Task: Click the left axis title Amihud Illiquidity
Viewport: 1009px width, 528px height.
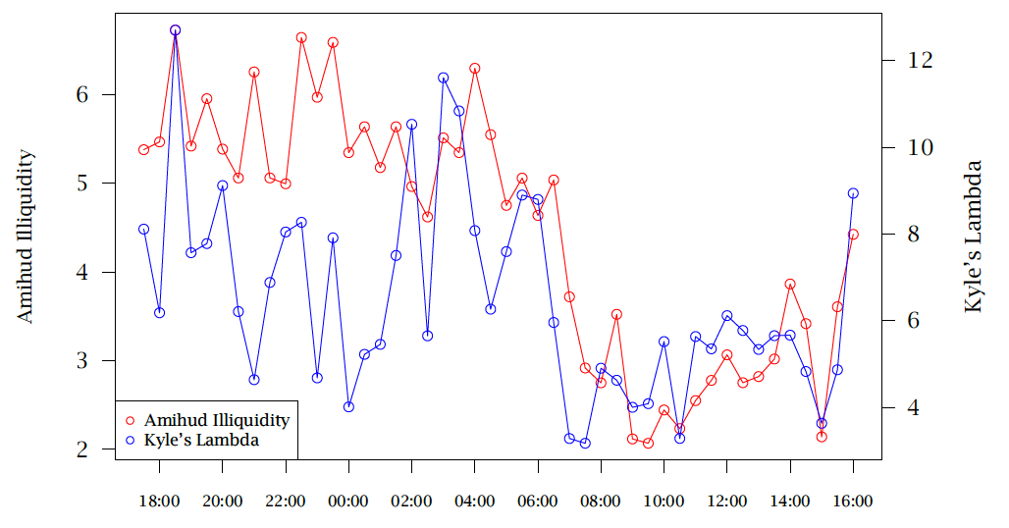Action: pos(26,236)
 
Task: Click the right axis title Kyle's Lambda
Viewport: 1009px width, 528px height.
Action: pos(973,237)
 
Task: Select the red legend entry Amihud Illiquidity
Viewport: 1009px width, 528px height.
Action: pos(216,420)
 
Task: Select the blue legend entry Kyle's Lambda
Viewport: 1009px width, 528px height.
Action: pos(201,441)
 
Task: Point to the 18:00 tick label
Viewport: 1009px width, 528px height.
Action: pos(159,501)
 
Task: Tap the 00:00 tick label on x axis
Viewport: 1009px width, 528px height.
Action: pos(348,501)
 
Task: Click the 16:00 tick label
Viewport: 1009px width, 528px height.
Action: pos(852,501)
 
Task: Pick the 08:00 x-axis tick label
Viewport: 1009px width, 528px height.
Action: pos(601,501)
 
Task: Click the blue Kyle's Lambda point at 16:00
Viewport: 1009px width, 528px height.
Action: pos(853,193)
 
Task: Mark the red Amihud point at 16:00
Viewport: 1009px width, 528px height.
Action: pos(853,235)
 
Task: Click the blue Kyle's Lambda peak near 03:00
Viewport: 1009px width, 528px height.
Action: pos(444,78)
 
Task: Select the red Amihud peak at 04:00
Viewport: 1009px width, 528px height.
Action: pos(475,69)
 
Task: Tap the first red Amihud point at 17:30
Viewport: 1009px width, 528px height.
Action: pos(144,149)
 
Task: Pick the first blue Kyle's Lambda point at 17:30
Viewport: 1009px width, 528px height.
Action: pos(144,229)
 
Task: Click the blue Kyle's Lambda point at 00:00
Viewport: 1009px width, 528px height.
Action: pos(348,406)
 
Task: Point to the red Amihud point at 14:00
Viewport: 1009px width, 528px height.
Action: pos(790,285)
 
